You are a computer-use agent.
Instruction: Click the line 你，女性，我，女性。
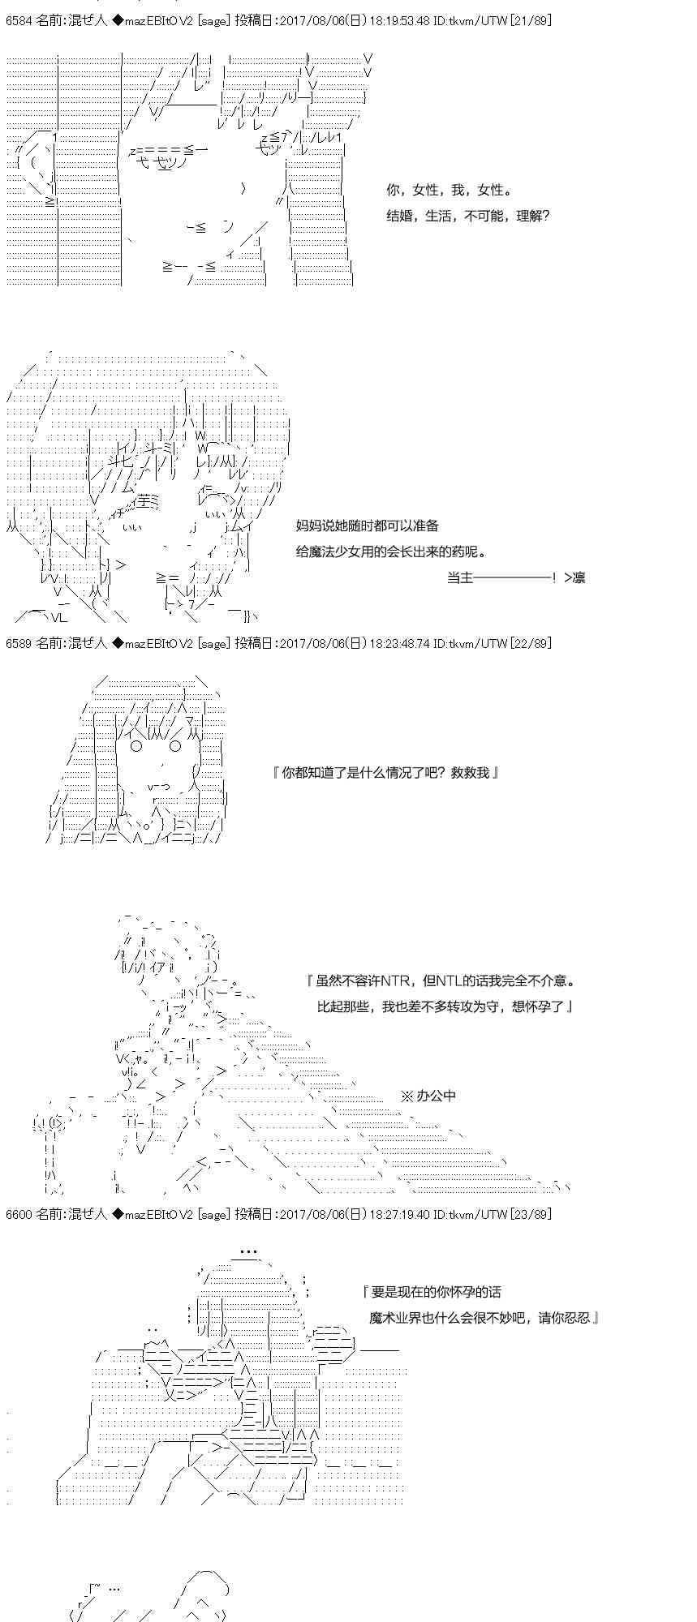pyautogui.click(x=449, y=191)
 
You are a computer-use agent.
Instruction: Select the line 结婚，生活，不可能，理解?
pyautogui.click(x=468, y=217)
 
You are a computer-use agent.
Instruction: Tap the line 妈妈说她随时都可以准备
pyautogui.click(x=368, y=526)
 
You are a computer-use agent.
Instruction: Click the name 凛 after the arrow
pyautogui.click(x=579, y=577)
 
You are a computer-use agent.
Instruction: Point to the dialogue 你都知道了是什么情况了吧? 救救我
pyautogui.click(x=385, y=773)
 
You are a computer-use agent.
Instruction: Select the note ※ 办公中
pyautogui.click(x=428, y=1096)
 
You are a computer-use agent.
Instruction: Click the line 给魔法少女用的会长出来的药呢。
pyautogui.click(x=392, y=552)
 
